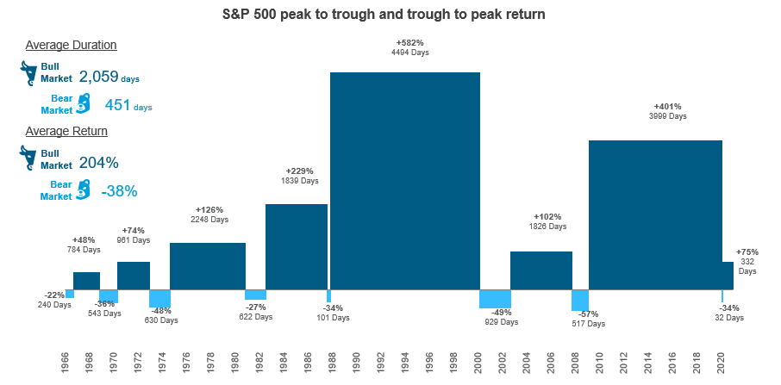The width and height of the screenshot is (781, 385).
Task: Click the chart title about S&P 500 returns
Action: point(390,15)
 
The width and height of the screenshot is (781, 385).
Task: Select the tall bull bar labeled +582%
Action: point(404,181)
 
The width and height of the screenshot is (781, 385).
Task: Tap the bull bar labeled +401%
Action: point(655,214)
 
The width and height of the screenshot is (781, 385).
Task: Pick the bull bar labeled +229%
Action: point(296,246)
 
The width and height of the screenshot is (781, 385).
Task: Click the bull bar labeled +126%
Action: point(207,266)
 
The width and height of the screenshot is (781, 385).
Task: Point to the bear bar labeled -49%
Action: point(495,299)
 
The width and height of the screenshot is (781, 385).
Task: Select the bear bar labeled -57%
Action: point(580,300)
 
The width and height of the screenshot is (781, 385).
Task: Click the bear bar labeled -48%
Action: point(159,299)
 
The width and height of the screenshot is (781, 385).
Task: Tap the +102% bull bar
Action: point(540,270)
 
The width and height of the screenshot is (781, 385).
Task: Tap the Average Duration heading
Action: point(71,45)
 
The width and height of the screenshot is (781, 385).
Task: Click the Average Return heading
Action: point(66,131)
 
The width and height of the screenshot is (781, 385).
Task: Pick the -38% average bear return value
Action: point(119,191)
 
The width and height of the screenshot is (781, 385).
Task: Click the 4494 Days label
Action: point(410,53)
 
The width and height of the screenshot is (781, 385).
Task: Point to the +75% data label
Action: point(747,251)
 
